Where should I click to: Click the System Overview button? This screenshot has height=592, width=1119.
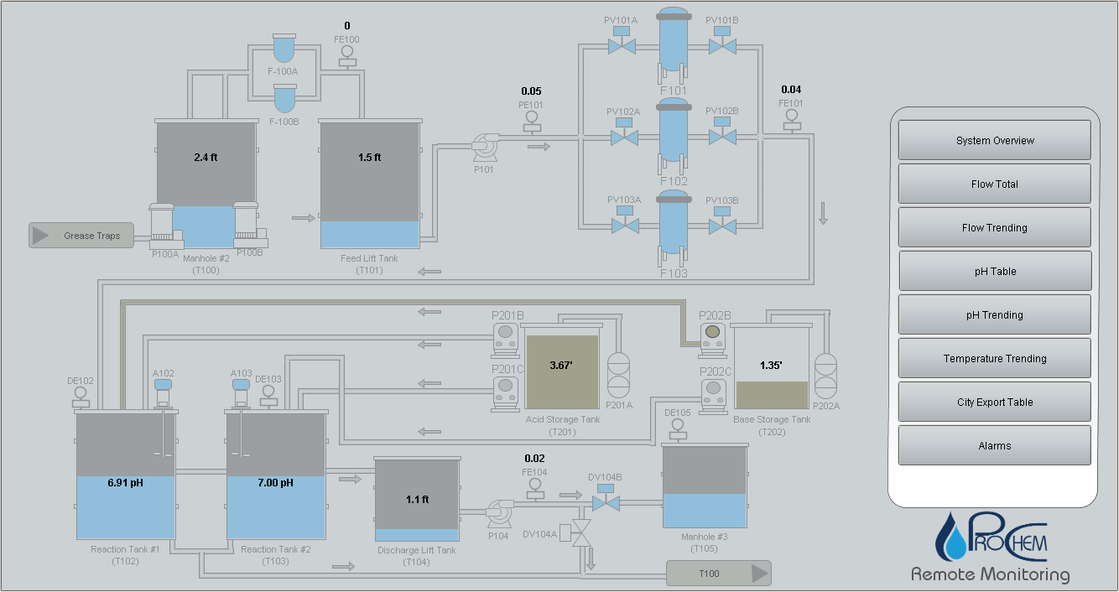pyautogui.click(x=995, y=140)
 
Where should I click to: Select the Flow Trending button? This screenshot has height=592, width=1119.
pyautogui.click(x=995, y=227)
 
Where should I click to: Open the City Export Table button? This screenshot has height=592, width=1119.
pyautogui.click(x=995, y=402)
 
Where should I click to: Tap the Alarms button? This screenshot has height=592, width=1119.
pyautogui.click(x=995, y=445)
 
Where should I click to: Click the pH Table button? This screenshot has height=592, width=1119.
pyautogui.click(x=995, y=271)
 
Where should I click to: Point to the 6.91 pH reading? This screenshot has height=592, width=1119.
pyautogui.click(x=126, y=483)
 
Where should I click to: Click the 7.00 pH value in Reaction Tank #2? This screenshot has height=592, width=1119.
pyautogui.click(x=276, y=483)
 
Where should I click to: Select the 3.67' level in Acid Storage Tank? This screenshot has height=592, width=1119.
pyautogui.click(x=561, y=365)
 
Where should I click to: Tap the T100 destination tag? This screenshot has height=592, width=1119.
pyautogui.click(x=718, y=574)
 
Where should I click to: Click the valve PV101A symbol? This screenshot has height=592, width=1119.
pyautogui.click(x=622, y=45)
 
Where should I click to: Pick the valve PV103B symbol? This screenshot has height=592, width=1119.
pyautogui.click(x=721, y=226)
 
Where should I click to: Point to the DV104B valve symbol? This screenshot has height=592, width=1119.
pyautogui.click(x=605, y=502)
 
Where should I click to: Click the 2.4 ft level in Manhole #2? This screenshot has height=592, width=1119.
pyautogui.click(x=206, y=157)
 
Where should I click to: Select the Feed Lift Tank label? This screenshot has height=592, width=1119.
pyautogui.click(x=369, y=258)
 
